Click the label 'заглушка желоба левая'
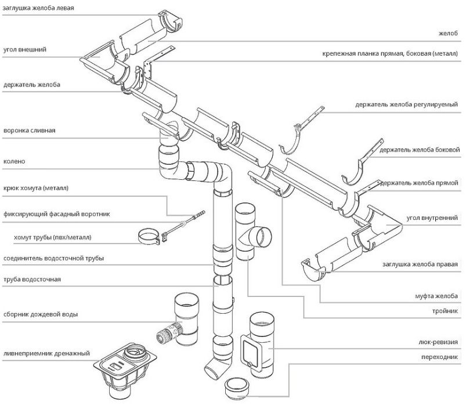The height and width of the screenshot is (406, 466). pos(38,8)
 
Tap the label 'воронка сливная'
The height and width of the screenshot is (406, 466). pos(30,130)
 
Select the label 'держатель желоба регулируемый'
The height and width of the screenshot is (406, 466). pos(406,104)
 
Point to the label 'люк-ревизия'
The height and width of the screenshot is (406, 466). pos(438,342)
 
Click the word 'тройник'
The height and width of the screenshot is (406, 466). pos(445,311)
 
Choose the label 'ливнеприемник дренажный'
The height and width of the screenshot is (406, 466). pos(46,353)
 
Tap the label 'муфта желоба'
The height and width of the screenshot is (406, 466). pos(436,296)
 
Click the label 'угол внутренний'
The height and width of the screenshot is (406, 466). pos(432,217)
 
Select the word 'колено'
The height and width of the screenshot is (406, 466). pos(15,162)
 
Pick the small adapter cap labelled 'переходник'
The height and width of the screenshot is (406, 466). pos(237,389)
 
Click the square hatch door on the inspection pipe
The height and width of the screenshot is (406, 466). pos(249,351)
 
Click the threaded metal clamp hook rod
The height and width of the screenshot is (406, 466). pos(183,224)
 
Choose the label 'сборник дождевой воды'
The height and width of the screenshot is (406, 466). pos(41,314)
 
